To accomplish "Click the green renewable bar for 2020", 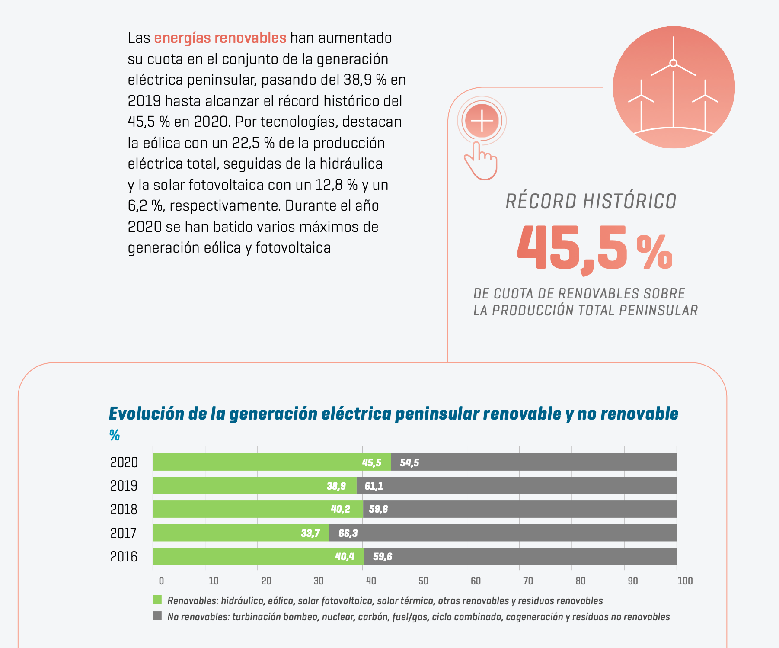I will (x=259, y=462).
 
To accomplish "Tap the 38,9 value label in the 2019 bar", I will (x=336, y=486).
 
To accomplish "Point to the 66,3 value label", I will (x=348, y=533).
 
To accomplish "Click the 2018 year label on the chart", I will (x=124, y=510).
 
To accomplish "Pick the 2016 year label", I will (x=124, y=557).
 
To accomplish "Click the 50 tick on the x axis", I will (x=423, y=581).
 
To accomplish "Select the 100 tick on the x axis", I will (x=685, y=581).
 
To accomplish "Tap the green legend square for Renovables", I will (x=157, y=600).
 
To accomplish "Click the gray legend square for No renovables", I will (x=157, y=616).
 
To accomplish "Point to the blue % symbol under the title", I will (x=115, y=435).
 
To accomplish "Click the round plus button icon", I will (x=482, y=121).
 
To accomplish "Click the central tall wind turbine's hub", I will (x=673, y=63).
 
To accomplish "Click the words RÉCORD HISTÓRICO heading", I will (x=591, y=202).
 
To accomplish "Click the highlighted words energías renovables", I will (x=220, y=38).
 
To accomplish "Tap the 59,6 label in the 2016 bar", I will (x=383, y=557).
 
